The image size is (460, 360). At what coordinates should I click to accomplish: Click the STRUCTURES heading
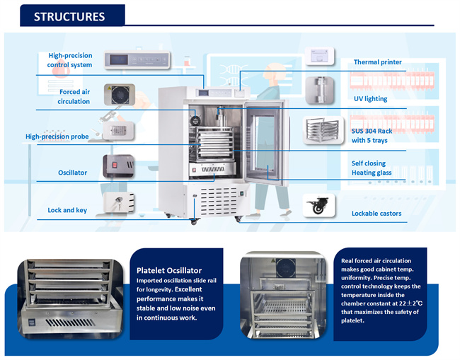coord(69,16)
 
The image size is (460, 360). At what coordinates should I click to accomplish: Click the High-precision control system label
coord(70,60)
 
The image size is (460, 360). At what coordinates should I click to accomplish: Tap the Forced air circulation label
coord(74,96)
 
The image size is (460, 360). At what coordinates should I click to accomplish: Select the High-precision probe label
coord(57,137)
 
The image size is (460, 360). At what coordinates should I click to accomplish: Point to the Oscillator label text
coord(73,173)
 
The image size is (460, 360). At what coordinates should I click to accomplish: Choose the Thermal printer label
coord(377,62)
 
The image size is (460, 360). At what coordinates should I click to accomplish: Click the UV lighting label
coord(370,98)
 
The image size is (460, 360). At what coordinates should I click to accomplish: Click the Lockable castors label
coord(376,213)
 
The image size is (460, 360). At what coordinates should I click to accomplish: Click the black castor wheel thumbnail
coord(319,206)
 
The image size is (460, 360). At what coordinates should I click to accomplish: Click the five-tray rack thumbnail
coord(323,131)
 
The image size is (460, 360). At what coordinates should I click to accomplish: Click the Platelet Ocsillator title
coord(169,270)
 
